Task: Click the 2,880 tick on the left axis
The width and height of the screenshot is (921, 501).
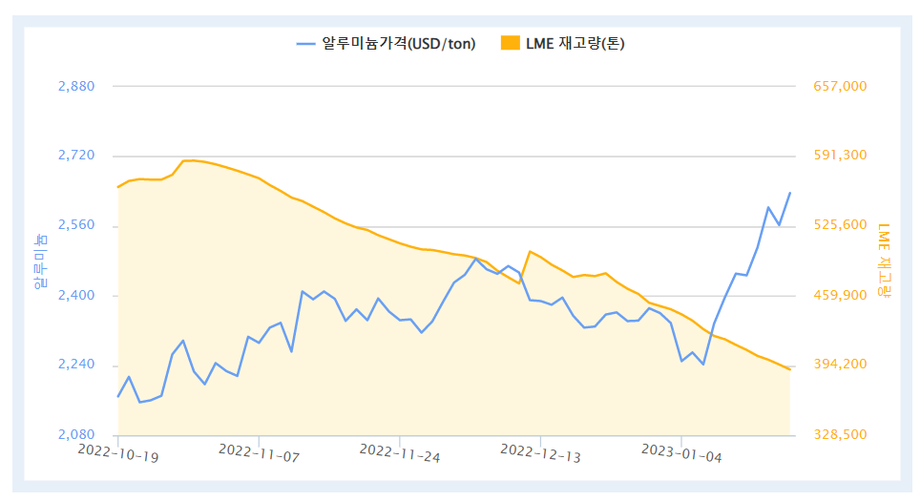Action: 76,87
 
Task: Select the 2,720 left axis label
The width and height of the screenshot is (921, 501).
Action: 76,157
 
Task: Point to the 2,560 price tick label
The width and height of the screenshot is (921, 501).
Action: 76,226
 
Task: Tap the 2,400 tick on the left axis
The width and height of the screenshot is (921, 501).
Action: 76,296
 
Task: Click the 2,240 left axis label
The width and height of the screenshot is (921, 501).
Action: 76,365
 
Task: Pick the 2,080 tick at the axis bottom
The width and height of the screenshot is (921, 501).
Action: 76,435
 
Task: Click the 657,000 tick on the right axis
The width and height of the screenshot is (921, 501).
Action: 840,87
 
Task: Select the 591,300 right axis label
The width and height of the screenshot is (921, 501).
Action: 840,157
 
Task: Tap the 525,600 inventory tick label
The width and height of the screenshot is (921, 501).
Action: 840,226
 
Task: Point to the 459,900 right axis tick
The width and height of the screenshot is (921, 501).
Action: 840,296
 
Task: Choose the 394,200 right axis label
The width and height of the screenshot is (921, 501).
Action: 840,365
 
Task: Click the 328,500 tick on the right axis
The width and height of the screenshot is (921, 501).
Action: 840,435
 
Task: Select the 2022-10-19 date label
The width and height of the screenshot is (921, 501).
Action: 118,452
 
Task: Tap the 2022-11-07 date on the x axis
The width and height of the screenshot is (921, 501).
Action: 259,452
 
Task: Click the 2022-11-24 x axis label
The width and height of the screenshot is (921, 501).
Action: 400,452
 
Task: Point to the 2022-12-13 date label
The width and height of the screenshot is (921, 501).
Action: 541,452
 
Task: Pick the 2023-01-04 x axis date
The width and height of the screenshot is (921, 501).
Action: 681,452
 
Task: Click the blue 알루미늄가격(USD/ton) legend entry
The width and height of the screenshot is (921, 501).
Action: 386,43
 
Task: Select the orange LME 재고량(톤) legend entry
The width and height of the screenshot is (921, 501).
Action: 563,43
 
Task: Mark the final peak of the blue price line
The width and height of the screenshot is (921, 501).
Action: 789,193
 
